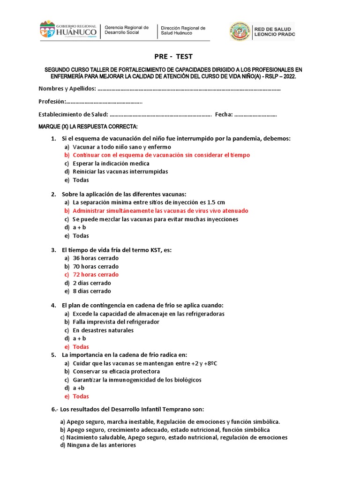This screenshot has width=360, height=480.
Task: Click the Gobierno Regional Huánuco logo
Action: (x=68, y=31)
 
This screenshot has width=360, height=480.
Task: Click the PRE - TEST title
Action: (x=173, y=57)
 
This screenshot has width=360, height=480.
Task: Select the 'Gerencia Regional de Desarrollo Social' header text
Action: (x=127, y=30)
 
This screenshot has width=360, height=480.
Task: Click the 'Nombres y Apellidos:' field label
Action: (x=67, y=89)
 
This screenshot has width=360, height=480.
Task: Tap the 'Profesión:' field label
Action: (x=52, y=102)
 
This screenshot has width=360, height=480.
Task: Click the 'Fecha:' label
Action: (x=224, y=114)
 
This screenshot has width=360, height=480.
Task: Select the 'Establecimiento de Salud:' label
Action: (x=73, y=114)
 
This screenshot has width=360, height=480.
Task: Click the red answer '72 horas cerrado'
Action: (x=96, y=275)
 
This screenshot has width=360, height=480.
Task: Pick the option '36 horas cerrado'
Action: (x=96, y=258)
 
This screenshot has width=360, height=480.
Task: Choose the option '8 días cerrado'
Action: (x=92, y=291)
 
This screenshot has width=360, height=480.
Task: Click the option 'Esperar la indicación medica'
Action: (x=111, y=164)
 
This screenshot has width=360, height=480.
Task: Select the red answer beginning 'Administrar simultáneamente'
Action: (x=160, y=211)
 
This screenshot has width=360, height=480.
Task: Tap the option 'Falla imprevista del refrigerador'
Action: (x=116, y=322)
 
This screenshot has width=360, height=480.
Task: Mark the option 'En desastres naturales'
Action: (x=103, y=330)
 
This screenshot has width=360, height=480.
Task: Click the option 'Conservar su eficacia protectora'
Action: (x=116, y=372)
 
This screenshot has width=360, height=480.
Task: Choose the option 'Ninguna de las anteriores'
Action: (x=101, y=445)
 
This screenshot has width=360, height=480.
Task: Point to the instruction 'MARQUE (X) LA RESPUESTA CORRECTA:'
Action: (x=88, y=127)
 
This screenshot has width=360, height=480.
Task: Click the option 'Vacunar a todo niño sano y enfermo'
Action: (x=122, y=147)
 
